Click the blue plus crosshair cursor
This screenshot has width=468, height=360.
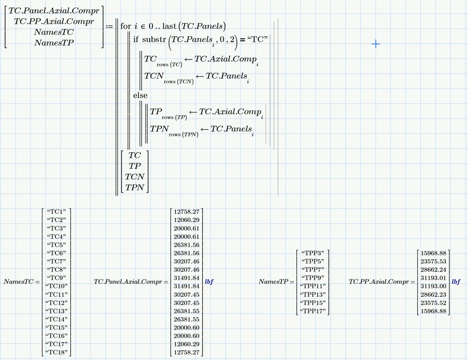[376, 44]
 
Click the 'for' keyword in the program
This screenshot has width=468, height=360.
[125, 26]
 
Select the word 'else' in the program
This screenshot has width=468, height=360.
[140, 95]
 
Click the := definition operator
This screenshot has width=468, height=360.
[110, 27]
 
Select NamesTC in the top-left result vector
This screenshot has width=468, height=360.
[54, 32]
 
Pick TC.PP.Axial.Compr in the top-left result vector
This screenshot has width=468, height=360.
[54, 21]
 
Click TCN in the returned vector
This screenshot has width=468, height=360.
[135, 177]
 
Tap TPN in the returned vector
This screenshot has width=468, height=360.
[135, 187]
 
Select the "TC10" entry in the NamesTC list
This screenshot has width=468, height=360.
[57, 286]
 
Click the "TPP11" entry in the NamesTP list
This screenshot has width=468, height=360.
[313, 286]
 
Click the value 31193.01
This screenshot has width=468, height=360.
[433, 277]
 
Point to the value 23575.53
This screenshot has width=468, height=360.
[433, 261]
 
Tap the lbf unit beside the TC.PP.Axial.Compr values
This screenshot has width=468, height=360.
[456, 282]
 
